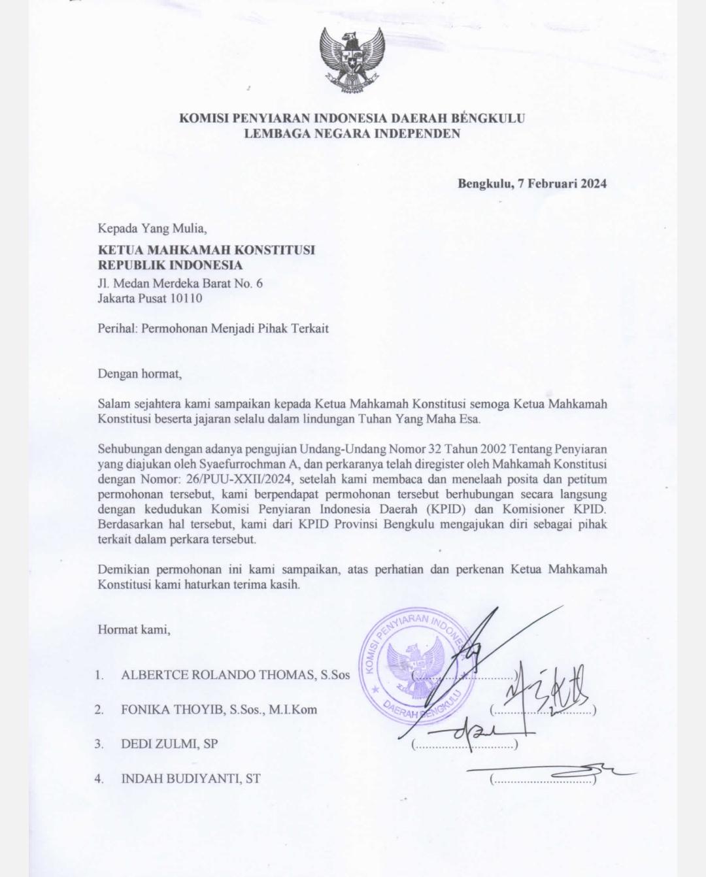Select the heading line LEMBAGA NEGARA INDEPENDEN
352,134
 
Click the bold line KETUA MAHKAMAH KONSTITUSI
206,250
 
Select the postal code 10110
187,299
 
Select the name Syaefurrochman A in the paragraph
249,465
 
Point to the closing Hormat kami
134,630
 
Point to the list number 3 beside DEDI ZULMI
99,744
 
